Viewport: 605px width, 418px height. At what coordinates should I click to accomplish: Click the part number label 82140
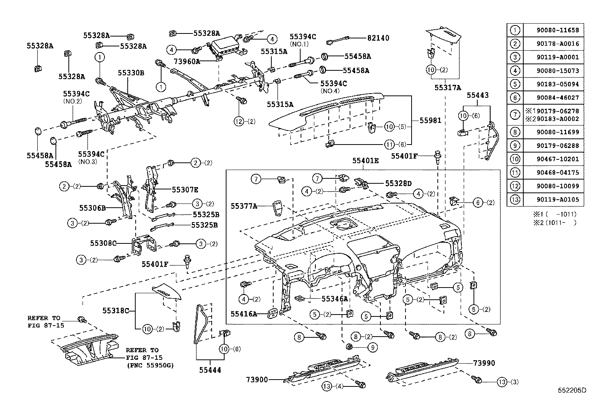click(378, 38)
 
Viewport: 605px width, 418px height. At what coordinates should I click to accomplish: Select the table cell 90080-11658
click(553, 30)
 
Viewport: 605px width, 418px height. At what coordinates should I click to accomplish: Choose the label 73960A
click(187, 61)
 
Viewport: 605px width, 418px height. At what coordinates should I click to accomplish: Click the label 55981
click(430, 120)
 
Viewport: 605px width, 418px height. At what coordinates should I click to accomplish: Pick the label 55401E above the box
click(365, 161)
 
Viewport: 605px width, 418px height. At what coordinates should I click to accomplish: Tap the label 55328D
click(398, 183)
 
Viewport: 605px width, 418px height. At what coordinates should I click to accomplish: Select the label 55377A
click(244, 206)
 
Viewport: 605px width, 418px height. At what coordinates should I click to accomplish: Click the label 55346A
click(335, 299)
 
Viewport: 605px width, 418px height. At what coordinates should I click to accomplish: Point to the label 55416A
click(244, 314)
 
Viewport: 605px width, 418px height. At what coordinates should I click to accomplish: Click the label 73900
click(257, 379)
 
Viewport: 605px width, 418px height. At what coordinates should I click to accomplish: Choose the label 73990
click(484, 363)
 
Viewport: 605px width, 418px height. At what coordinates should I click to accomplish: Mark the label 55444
click(211, 370)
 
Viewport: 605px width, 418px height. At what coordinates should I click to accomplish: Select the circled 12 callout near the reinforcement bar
click(238, 121)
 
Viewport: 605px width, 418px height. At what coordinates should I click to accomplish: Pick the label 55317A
click(448, 88)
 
